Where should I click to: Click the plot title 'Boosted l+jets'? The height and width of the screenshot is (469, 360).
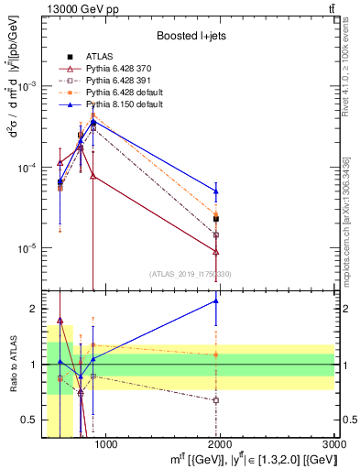coord(190,36)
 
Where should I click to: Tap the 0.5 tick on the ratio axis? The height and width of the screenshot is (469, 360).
coord(36,420)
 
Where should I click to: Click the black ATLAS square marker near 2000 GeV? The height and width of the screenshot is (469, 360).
coord(216,219)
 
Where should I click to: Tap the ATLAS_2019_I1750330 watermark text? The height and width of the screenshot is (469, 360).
coord(191,274)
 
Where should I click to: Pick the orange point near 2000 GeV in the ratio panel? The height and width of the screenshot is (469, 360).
coord(216,354)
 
